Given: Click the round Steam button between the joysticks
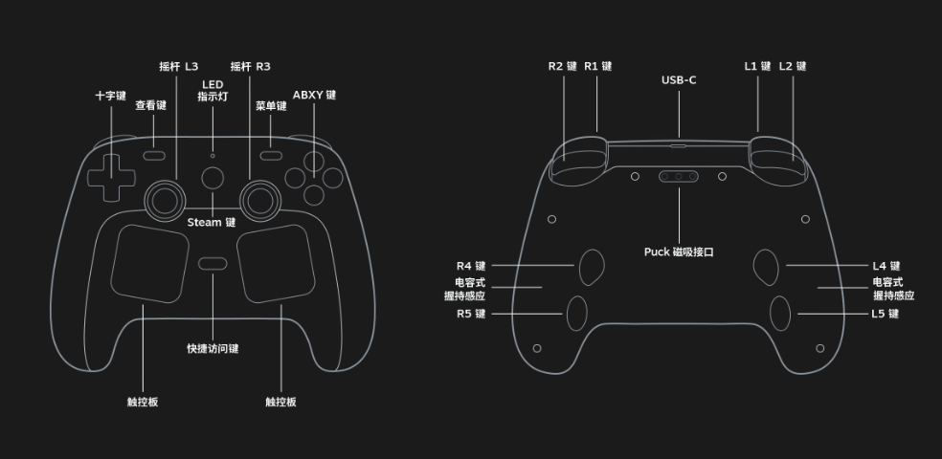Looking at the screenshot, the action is [x=213, y=178].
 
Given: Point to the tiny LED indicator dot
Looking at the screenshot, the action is [x=213, y=155].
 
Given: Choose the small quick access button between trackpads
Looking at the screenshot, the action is [x=213, y=264].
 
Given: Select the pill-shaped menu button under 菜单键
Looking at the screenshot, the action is [x=271, y=154].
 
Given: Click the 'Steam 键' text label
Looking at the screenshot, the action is [x=212, y=223].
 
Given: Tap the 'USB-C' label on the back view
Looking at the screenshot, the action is [x=679, y=80].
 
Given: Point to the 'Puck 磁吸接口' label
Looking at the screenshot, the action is [x=679, y=252].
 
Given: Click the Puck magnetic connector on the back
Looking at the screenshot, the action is [x=679, y=176].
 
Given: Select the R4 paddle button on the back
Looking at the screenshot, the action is [x=591, y=267].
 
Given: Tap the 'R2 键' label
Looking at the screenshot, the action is [x=563, y=67].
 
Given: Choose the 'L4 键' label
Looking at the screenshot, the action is [x=886, y=266].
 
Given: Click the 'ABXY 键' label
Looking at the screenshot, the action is [x=314, y=96].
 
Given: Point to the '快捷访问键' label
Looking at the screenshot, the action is [x=213, y=348].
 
